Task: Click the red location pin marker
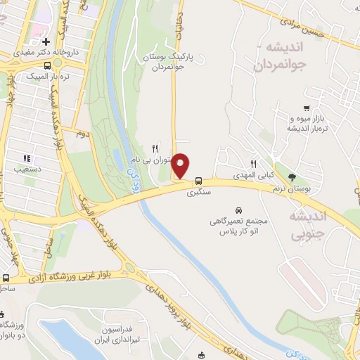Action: tap(181, 165)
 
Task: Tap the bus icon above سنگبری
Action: tap(199, 179)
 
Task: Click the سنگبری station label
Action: tap(199, 191)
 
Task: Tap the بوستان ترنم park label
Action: tap(292, 186)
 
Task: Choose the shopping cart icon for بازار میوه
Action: tap(307, 108)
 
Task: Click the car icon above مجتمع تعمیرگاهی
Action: tap(238, 210)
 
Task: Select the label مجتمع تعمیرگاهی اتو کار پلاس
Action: tap(235, 226)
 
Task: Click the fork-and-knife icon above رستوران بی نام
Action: tap(154, 148)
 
